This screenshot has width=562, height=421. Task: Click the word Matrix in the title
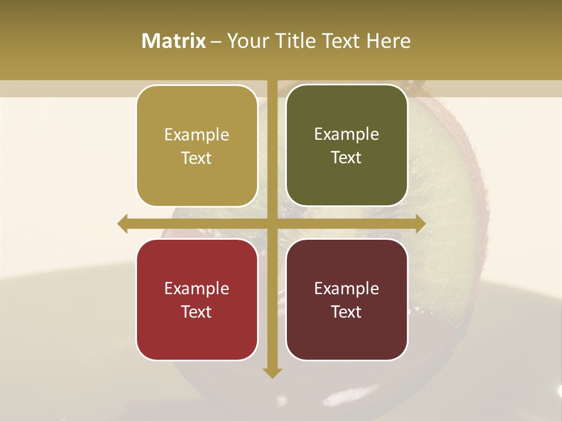tap(173, 41)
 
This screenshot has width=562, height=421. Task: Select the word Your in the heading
tap(245, 41)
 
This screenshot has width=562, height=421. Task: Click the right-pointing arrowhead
tap(420, 223)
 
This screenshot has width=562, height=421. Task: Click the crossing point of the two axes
tap(272, 223)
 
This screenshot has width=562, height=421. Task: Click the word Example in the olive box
tap(347, 134)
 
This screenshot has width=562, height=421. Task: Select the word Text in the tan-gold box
tap(197, 158)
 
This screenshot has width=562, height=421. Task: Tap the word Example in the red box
tap(197, 288)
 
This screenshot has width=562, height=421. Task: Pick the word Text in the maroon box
tap(347, 312)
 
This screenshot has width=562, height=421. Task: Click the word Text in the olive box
tap(347, 158)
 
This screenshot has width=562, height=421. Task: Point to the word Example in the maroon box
tap(347, 288)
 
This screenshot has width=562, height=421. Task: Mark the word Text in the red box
tap(197, 312)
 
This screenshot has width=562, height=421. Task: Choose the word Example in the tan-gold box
tap(197, 135)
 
